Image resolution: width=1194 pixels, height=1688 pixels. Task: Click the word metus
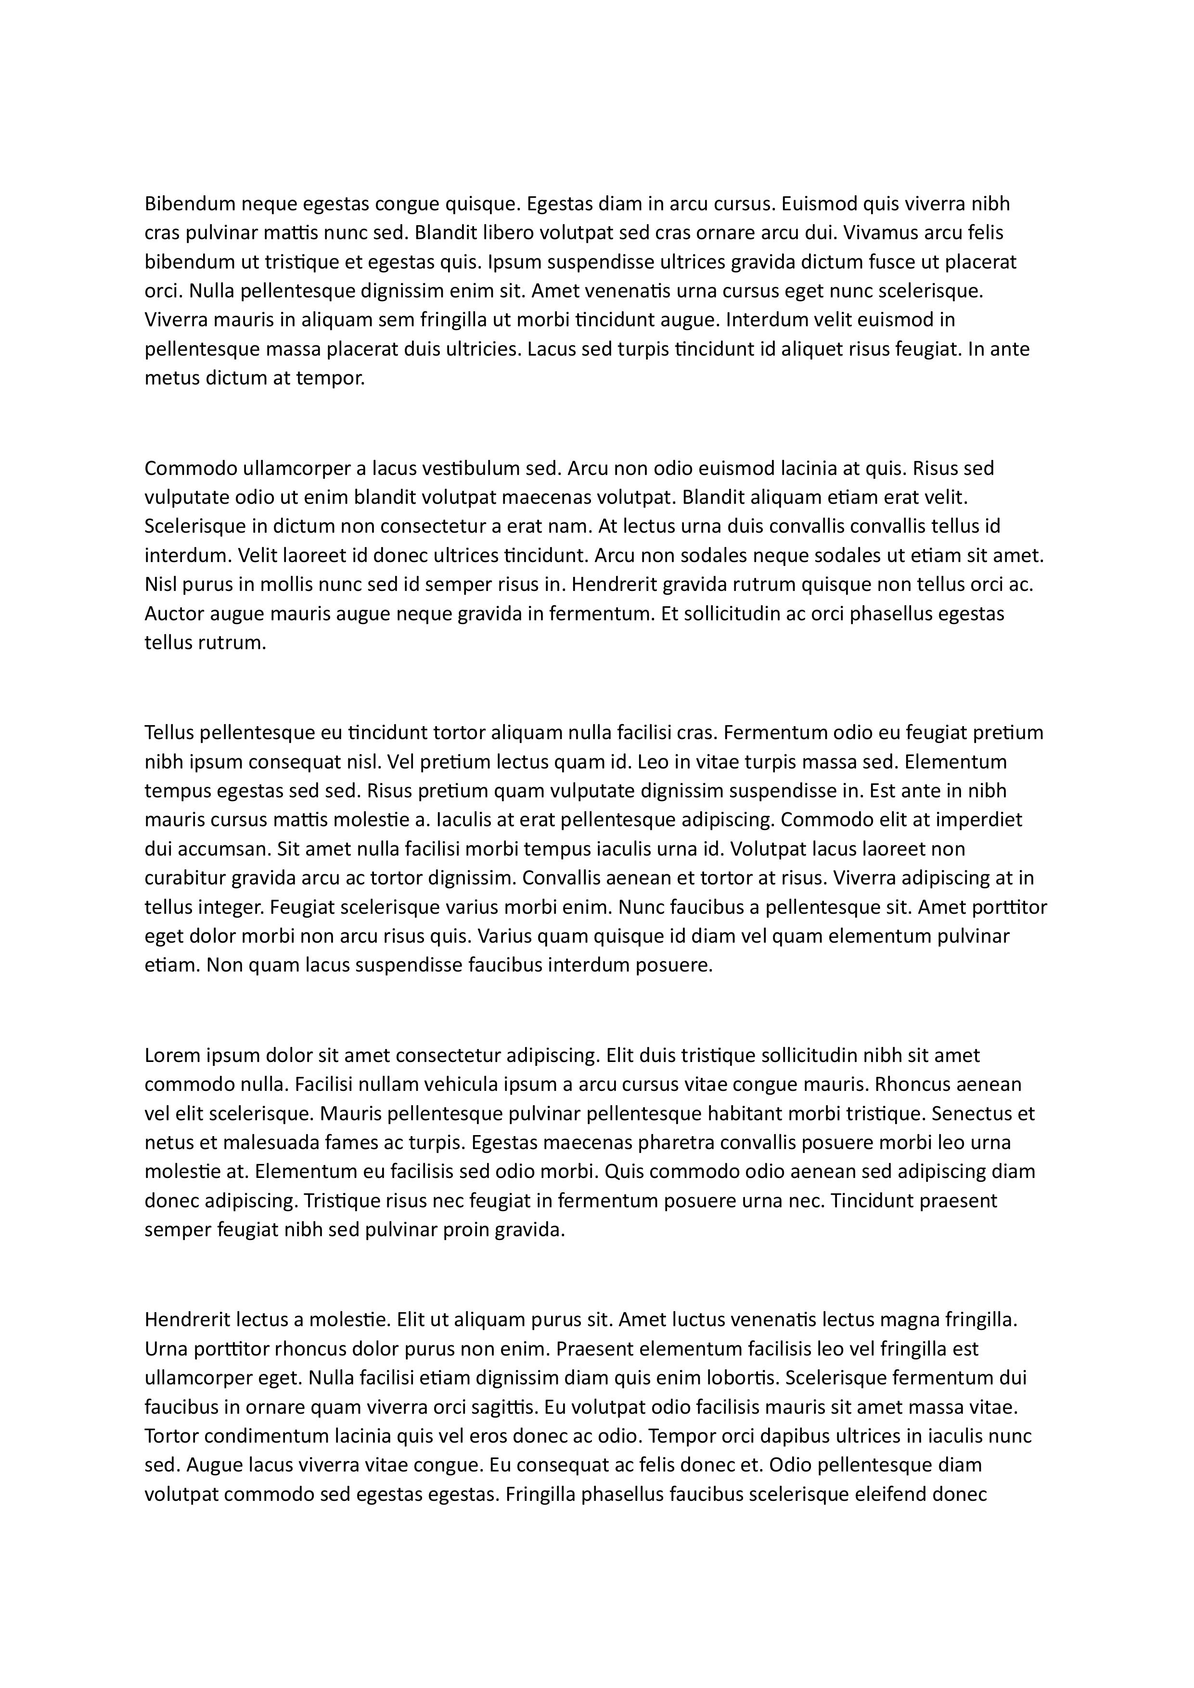tap(167, 379)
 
